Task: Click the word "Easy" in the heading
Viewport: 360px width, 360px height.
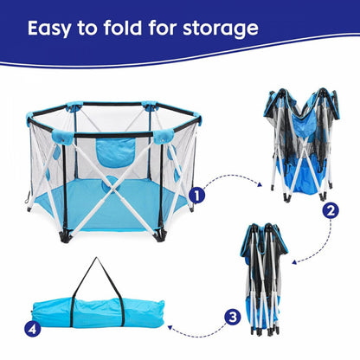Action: [x=49, y=29]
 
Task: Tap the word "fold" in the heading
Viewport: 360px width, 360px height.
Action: [x=123, y=28]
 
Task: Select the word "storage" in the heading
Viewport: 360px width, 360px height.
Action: [x=221, y=29]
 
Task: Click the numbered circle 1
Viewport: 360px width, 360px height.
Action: [x=196, y=196]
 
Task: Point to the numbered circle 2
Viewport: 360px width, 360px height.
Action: [x=331, y=210]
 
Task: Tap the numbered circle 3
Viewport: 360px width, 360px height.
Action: [x=233, y=318]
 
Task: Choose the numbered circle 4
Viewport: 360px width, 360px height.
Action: [x=32, y=329]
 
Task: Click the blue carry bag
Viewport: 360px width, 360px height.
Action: [x=98, y=313]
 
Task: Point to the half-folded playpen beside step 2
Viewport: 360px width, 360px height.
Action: [x=301, y=145]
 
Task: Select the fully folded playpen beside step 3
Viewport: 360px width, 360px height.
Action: [x=264, y=279]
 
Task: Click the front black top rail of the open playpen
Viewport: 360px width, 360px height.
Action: [x=113, y=134]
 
